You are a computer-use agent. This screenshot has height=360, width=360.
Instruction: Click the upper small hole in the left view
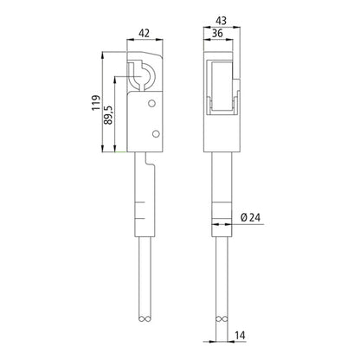click(153, 103)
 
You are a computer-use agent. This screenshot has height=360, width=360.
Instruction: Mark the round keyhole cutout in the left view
click(143, 78)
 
